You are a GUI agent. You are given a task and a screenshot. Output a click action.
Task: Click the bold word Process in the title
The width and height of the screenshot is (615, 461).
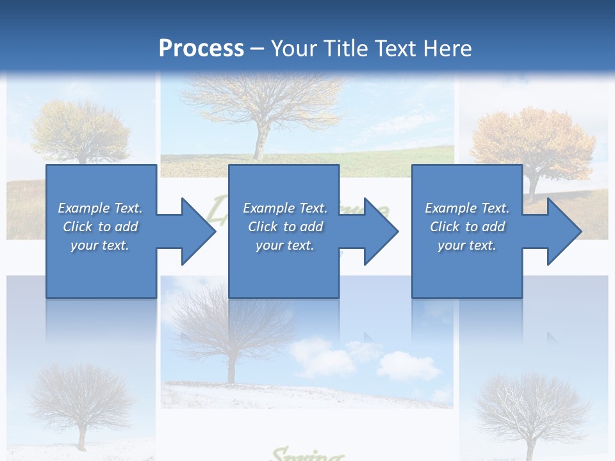point(201,48)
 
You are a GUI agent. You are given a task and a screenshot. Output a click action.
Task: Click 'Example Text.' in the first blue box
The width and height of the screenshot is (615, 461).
point(100,208)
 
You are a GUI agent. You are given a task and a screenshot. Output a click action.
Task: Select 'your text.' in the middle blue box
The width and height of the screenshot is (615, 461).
point(284,245)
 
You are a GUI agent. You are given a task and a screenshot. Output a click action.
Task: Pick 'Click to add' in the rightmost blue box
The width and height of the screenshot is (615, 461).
point(467,227)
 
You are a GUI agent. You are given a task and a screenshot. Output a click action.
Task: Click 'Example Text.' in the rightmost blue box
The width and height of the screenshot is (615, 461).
point(467,208)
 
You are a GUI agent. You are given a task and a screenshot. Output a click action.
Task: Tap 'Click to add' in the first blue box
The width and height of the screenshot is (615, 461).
point(100,227)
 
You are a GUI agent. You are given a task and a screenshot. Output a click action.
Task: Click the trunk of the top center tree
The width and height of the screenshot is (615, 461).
point(259,144)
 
